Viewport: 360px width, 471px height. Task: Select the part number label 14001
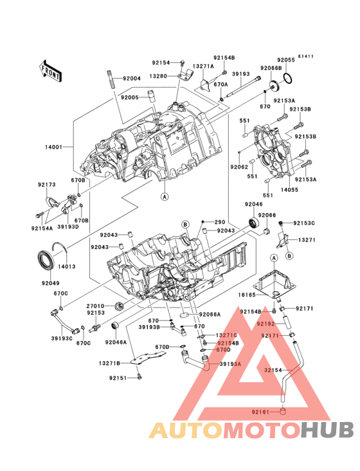click(x=54, y=147)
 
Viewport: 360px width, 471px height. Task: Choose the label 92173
click(x=46, y=185)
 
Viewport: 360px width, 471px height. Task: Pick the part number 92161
click(x=262, y=411)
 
